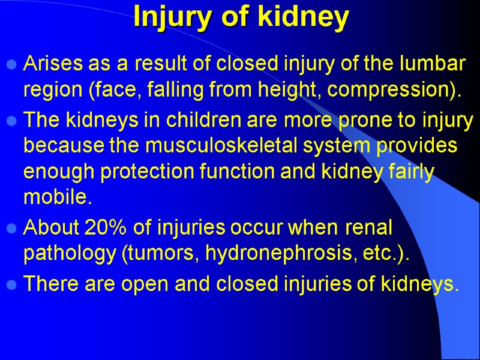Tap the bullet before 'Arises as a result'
tap(11, 64)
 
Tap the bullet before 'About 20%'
tap(11, 229)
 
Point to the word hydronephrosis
tap(282, 254)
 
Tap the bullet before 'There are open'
tap(11, 287)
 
